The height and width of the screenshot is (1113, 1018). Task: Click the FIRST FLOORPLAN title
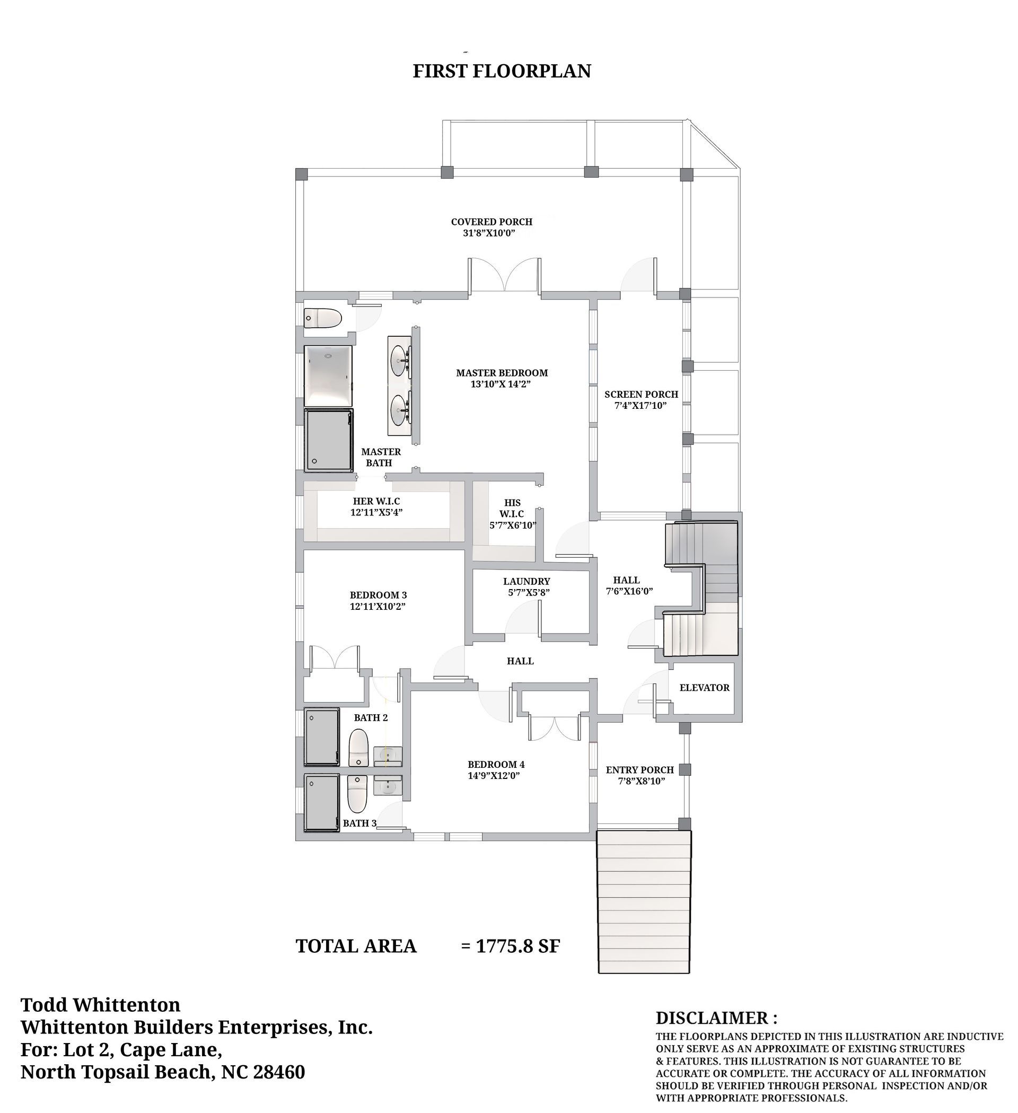pyautogui.click(x=502, y=71)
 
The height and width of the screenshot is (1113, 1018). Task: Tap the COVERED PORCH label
pyautogui.click(x=492, y=222)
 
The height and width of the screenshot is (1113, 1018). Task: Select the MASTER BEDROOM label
pyautogui.click(x=502, y=373)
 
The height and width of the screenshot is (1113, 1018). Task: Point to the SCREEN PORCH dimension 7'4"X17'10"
pyautogui.click(x=640, y=406)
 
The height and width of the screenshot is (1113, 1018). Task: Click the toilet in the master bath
pyautogui.click(x=323, y=318)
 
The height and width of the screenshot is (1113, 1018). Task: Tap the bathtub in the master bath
pyautogui.click(x=328, y=376)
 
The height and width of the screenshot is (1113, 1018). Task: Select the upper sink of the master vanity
pyautogui.click(x=399, y=361)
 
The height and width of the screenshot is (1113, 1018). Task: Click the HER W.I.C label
pyautogui.click(x=376, y=501)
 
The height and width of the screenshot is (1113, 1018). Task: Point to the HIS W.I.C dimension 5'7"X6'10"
pyautogui.click(x=513, y=525)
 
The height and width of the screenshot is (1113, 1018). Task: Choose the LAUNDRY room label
pyautogui.click(x=526, y=581)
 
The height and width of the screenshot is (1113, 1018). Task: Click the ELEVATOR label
pyautogui.click(x=705, y=688)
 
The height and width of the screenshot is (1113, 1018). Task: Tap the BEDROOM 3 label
pyautogui.click(x=378, y=595)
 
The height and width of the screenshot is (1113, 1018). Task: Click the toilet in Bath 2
pyautogui.click(x=359, y=748)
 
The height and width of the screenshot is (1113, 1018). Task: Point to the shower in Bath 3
pyautogui.click(x=322, y=802)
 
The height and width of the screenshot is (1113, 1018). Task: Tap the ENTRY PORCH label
pyautogui.click(x=640, y=769)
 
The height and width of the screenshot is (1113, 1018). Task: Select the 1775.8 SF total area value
pyautogui.click(x=518, y=947)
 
